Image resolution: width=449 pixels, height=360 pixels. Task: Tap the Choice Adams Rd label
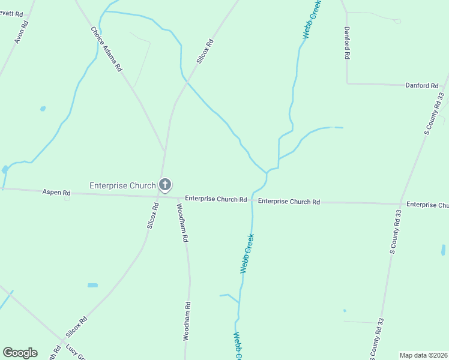[106, 49]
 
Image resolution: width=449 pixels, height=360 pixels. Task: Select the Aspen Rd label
[56, 193]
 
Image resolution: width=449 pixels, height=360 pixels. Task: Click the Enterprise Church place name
[122, 185]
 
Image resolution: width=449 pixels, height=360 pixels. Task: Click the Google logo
[20, 353]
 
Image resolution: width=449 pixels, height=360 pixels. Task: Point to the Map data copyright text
[424, 355]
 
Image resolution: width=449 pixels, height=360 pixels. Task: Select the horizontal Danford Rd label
[421, 86]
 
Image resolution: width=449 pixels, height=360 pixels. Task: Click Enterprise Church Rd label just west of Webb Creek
[215, 199]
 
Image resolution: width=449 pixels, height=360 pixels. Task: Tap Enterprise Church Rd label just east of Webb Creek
[289, 202]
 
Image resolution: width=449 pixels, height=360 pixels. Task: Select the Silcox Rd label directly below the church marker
[152, 215]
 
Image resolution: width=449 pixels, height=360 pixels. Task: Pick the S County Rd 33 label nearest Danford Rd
[433, 113]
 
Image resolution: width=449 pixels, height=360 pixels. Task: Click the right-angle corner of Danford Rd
[347, 83]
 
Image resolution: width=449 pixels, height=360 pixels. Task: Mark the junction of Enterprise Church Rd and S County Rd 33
[400, 203]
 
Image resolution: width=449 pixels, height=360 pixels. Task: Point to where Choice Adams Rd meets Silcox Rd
[163, 149]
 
